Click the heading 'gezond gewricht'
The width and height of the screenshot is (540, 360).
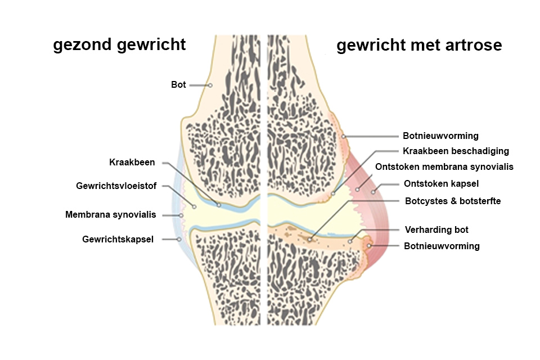coord(119,45)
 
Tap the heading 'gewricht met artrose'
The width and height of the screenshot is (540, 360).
coord(419,45)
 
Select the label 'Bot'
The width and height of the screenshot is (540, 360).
coord(178,85)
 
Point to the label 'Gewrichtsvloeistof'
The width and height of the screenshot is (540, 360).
coord(116,186)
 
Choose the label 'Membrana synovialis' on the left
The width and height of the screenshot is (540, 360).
coord(111,214)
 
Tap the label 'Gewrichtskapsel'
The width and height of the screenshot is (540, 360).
coord(118,239)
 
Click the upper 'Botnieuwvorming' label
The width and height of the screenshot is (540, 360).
coord(440,136)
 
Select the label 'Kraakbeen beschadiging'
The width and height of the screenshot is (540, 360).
coord(456,151)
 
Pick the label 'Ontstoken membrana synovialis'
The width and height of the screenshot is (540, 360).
coord(444,166)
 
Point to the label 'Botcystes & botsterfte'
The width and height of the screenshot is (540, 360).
coord(444,200)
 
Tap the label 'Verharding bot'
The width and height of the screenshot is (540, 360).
coord(436,229)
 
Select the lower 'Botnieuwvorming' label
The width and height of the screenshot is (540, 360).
coord(442,246)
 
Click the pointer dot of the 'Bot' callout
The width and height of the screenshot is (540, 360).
coord(209,85)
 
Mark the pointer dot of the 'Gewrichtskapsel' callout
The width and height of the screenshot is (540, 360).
coord(179,239)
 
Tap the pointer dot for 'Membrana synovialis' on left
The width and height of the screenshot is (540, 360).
coord(181,215)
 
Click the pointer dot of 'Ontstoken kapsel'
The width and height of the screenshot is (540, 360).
coord(373,192)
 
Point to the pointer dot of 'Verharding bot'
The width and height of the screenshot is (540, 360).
coord(350,241)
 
